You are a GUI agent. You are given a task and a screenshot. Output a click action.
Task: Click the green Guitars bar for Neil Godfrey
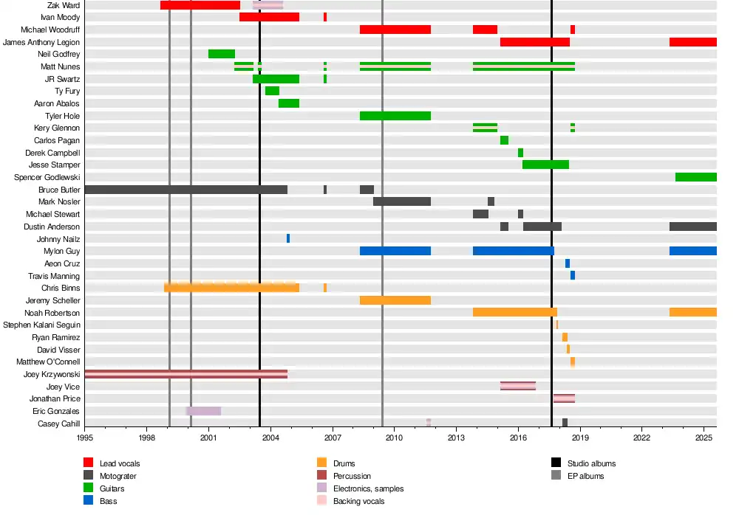pyautogui.click(x=222, y=54)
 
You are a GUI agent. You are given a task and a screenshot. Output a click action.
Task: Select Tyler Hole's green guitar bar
pyautogui.click(x=395, y=116)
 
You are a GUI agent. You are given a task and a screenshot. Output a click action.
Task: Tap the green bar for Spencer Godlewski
pyautogui.click(x=695, y=177)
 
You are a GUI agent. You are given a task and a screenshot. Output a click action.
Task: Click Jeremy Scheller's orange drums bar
pyautogui.click(x=395, y=300)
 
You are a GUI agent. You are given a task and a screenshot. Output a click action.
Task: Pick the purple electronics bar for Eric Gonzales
pyautogui.click(x=203, y=411)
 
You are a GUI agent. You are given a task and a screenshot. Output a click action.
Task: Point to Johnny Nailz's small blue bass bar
pyautogui.click(x=288, y=238)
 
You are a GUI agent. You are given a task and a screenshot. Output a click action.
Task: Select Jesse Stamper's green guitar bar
pyautogui.click(x=545, y=165)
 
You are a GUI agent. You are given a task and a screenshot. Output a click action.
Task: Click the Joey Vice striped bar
pyautogui.click(x=518, y=386)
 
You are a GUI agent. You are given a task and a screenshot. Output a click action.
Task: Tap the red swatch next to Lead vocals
pyautogui.click(x=88, y=463)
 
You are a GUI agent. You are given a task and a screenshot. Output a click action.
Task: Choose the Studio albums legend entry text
pyautogui.click(x=591, y=463)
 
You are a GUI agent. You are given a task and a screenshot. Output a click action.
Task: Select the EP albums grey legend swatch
pyautogui.click(x=556, y=476)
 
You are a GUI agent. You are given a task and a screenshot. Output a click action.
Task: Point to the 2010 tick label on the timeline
pyautogui.click(x=394, y=438)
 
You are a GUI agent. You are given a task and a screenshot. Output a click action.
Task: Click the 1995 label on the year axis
pyautogui.click(x=84, y=438)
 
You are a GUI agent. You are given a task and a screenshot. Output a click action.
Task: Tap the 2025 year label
pyautogui.click(x=704, y=438)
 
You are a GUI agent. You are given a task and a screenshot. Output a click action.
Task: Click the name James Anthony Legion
pyautogui.click(x=41, y=42)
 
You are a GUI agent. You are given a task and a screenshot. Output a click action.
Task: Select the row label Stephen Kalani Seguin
pyautogui.click(x=41, y=325)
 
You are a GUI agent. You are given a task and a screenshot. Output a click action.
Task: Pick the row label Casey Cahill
pyautogui.click(x=58, y=424)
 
